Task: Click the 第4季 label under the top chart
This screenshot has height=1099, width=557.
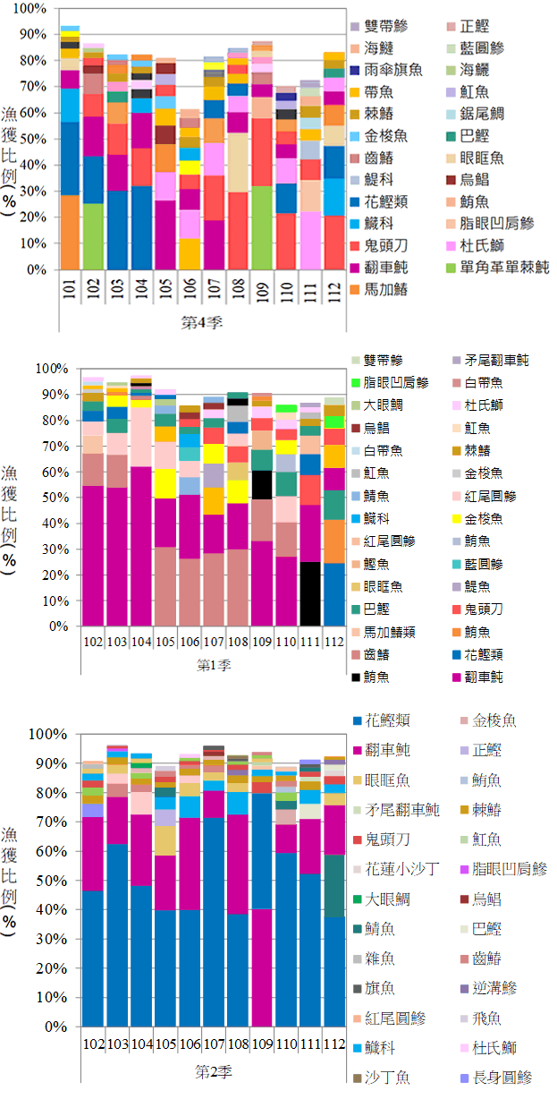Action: tap(201, 322)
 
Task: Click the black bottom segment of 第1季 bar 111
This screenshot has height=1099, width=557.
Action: tap(309, 593)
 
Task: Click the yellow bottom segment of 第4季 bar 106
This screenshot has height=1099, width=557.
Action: tap(190, 254)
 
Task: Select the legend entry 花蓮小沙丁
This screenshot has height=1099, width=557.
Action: tap(400, 869)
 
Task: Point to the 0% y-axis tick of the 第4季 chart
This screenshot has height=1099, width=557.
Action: tap(38, 269)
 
